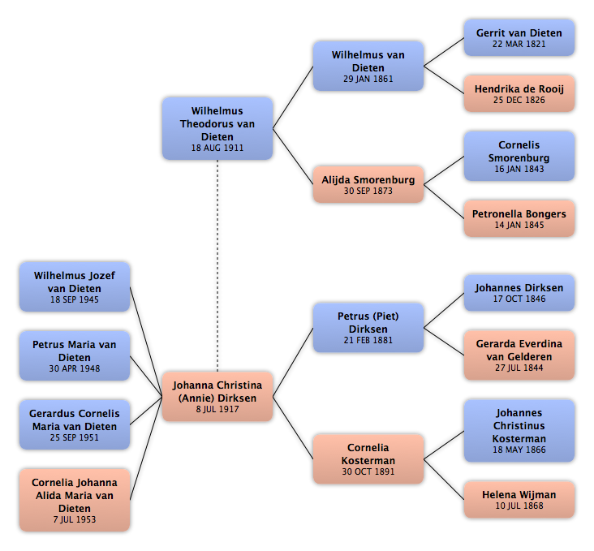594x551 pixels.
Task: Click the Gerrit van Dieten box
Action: [x=519, y=38]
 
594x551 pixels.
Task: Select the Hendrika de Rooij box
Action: [x=519, y=93]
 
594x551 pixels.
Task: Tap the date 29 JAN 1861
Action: [x=368, y=79]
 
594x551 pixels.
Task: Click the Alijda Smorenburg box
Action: [x=368, y=184]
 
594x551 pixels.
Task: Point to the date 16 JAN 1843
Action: [x=519, y=169]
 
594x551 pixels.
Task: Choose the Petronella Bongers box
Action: [x=519, y=218]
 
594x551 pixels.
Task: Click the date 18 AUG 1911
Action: [x=217, y=148]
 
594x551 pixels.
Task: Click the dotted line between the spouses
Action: [x=217, y=265]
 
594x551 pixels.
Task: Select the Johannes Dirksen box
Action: [x=519, y=293]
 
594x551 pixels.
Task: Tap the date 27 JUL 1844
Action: [x=519, y=368]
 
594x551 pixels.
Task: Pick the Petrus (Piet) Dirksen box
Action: [x=368, y=328]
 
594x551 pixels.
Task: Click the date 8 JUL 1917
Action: [x=217, y=409]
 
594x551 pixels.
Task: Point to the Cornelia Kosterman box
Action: [x=368, y=459]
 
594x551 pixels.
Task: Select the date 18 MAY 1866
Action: [x=519, y=450]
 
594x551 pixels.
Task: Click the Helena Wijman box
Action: [x=519, y=500]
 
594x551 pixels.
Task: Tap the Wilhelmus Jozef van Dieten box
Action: [x=75, y=287]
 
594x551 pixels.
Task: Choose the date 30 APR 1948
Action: [x=75, y=368]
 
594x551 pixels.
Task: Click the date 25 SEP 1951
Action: [x=75, y=437]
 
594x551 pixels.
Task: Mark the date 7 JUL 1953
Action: [x=75, y=519]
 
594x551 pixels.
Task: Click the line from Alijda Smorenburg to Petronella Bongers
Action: [x=444, y=201]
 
